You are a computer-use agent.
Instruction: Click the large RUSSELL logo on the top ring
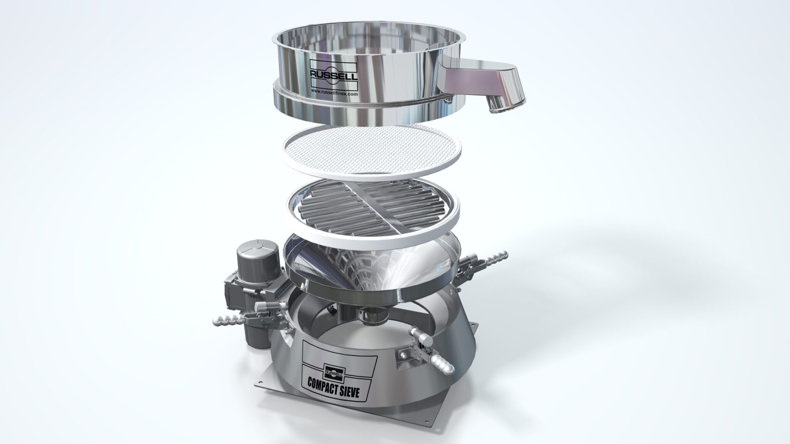(333, 74)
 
